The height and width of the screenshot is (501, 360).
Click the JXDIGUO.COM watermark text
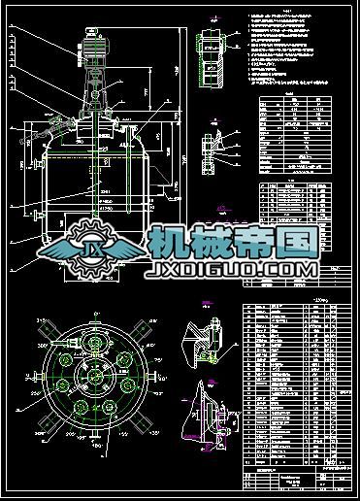click(234, 268)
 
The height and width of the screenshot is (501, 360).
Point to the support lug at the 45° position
click(140, 334)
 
